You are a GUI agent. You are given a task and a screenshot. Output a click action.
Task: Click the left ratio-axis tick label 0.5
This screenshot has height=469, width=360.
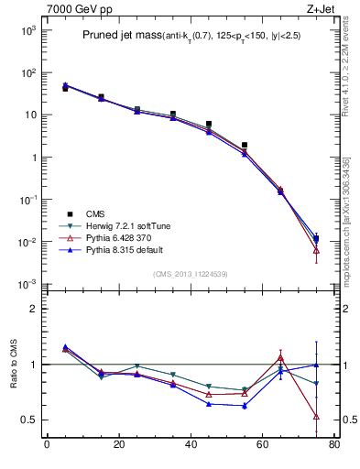[28, 420]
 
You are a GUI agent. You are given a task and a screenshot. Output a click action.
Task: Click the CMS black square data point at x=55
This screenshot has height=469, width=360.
[244, 145]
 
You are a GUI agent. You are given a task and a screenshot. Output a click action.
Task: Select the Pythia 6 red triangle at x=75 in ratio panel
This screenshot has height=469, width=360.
[316, 416]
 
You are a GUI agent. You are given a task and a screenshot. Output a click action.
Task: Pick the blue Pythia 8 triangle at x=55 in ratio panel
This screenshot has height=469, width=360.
[244, 406]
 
